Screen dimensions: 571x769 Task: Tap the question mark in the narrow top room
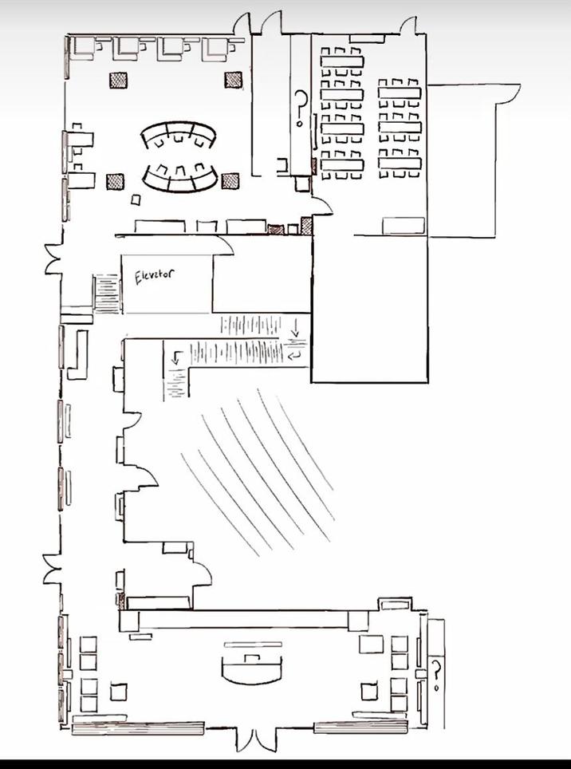tap(301, 108)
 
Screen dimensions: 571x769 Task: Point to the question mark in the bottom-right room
tap(435, 675)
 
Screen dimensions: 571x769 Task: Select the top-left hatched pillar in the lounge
tap(118, 80)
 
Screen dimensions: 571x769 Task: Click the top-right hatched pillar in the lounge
tap(234, 80)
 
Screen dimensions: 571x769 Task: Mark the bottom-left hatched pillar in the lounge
tap(115, 182)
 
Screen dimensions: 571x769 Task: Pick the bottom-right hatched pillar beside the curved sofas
tap(230, 180)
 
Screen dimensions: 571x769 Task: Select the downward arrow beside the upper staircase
tap(295, 328)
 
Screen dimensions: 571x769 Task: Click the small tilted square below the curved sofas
tap(136, 199)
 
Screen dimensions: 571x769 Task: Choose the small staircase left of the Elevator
tap(107, 294)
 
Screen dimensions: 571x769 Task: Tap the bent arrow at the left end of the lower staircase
tap(177, 358)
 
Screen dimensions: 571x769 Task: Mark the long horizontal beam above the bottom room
tap(243, 619)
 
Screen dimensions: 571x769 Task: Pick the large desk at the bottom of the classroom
tap(404, 225)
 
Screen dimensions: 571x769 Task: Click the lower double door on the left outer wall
tap(52, 569)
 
